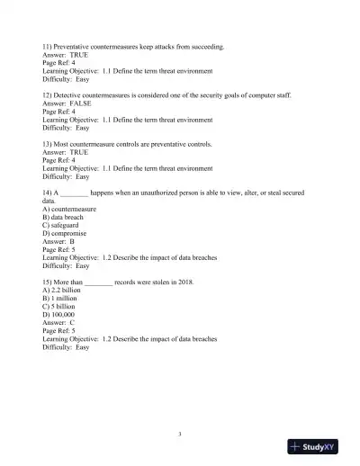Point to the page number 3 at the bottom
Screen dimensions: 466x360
tap(180, 435)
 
